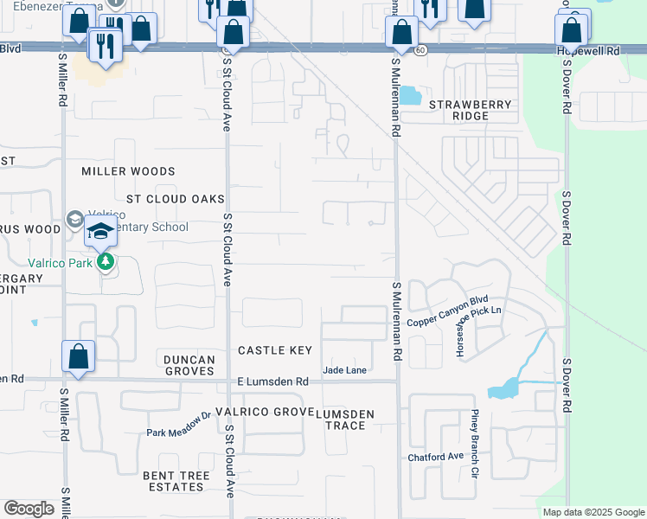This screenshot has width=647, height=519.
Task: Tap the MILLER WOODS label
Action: coord(128,172)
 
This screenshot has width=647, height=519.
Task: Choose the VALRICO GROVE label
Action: coord(259,413)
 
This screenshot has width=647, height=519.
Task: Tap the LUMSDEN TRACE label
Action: coord(345,420)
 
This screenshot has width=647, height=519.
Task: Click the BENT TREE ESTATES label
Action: coord(174,481)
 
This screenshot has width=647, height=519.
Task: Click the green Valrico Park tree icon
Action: coord(106,260)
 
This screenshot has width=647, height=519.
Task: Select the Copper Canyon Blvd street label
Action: coord(449,312)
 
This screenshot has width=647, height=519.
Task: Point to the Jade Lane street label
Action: coord(344,370)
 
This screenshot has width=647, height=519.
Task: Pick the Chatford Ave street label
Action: coord(436,457)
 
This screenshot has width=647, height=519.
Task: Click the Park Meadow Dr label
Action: coord(178,426)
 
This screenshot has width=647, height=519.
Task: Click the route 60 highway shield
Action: coord(420,51)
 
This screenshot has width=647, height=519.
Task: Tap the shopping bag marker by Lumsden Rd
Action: coord(78,356)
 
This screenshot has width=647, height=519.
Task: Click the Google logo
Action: coord(29,509)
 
